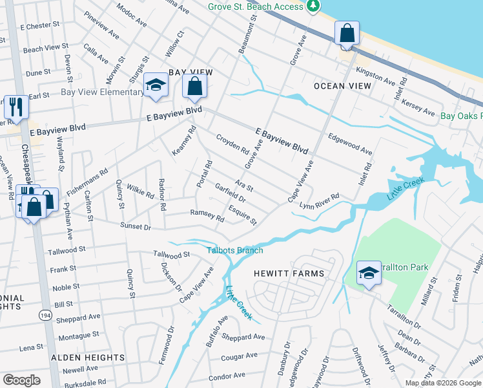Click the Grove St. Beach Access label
(255, 6)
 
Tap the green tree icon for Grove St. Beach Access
(313, 6)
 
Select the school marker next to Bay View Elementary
(156, 85)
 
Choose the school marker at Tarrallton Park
(368, 274)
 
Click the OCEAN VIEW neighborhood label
(342, 86)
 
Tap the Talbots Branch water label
(235, 250)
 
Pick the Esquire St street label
(243, 216)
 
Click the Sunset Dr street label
(135, 227)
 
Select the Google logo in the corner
(21, 380)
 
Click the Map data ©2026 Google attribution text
(442, 383)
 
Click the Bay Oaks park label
(461, 116)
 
